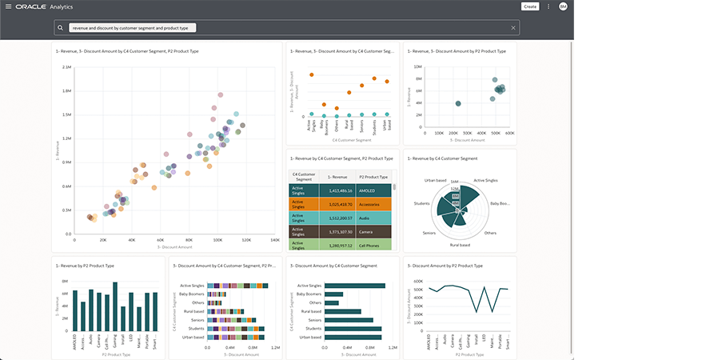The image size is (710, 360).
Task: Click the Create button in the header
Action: [x=529, y=6]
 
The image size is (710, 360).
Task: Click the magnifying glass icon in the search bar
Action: [x=61, y=27]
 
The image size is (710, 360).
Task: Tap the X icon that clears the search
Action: [x=513, y=27]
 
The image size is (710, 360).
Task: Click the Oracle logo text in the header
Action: [x=29, y=6]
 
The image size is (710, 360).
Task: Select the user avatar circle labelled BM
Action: [x=563, y=6]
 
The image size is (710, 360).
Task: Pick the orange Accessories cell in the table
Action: [x=373, y=205]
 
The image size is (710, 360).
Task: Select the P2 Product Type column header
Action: [x=373, y=177]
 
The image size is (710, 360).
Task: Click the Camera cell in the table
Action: [x=373, y=230]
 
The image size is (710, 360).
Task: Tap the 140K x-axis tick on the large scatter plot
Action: [x=274, y=239]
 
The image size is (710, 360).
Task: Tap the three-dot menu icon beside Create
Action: [x=548, y=6]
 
